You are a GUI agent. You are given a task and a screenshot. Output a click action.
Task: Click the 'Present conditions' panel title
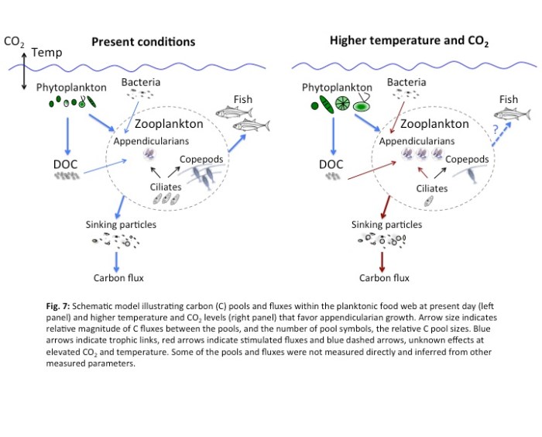(x=143, y=41)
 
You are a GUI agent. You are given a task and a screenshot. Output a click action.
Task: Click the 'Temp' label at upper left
(x=46, y=53)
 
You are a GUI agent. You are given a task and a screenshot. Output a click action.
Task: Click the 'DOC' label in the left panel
(x=63, y=163)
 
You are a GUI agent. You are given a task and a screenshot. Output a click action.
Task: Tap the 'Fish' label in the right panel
(x=509, y=99)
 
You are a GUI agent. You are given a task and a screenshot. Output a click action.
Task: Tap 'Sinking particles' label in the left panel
(x=122, y=225)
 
